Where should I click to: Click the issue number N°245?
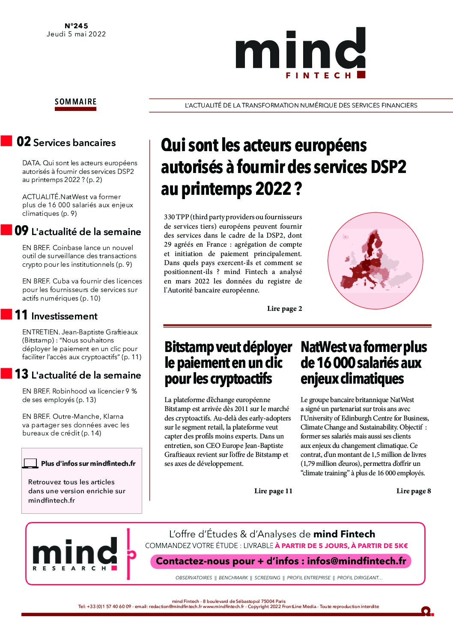click(76, 26)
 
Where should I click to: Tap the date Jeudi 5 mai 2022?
click(76, 34)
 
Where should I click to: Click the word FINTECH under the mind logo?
click(319, 76)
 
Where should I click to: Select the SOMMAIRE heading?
click(76, 102)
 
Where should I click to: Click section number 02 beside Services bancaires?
click(24, 142)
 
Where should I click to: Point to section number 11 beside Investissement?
click(21, 315)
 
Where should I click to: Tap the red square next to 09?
click(6, 230)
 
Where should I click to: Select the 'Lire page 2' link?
click(284, 309)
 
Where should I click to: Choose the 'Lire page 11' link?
click(273, 491)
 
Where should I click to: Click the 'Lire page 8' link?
click(413, 491)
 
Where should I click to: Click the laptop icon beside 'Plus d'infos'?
click(30, 463)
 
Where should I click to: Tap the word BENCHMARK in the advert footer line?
click(233, 578)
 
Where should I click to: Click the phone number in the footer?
click(109, 606)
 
